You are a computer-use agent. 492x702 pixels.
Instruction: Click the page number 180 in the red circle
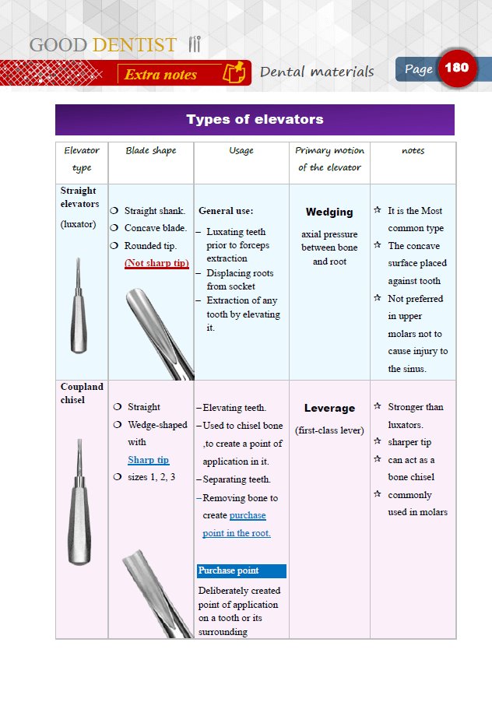[457, 68]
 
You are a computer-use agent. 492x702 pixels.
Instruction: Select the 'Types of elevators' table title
[255, 120]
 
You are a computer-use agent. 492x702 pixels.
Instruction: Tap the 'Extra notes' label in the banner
[161, 75]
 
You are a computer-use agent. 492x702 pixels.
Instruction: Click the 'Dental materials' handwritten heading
[317, 72]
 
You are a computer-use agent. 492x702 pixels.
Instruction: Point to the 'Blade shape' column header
[151, 151]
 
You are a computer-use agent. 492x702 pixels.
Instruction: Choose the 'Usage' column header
[241, 151]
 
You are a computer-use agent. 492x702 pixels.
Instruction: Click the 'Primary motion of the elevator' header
[329, 159]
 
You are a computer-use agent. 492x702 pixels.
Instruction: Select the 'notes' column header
[413, 151]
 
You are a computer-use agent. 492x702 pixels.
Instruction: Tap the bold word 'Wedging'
[329, 212]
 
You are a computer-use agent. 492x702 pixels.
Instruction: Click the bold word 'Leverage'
[329, 408]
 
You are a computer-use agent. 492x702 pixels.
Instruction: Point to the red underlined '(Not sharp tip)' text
[156, 263]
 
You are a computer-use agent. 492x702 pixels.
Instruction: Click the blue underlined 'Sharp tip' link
[148, 460]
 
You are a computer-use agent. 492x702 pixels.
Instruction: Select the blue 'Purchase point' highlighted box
[241, 570]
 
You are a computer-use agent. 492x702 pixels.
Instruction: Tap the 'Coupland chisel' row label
[82, 393]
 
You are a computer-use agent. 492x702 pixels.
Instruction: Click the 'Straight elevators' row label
[79, 197]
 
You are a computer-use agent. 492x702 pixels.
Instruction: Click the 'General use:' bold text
[226, 210]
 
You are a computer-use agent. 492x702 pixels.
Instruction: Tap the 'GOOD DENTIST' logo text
[104, 45]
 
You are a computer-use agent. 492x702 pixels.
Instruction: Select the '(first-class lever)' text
[329, 430]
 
